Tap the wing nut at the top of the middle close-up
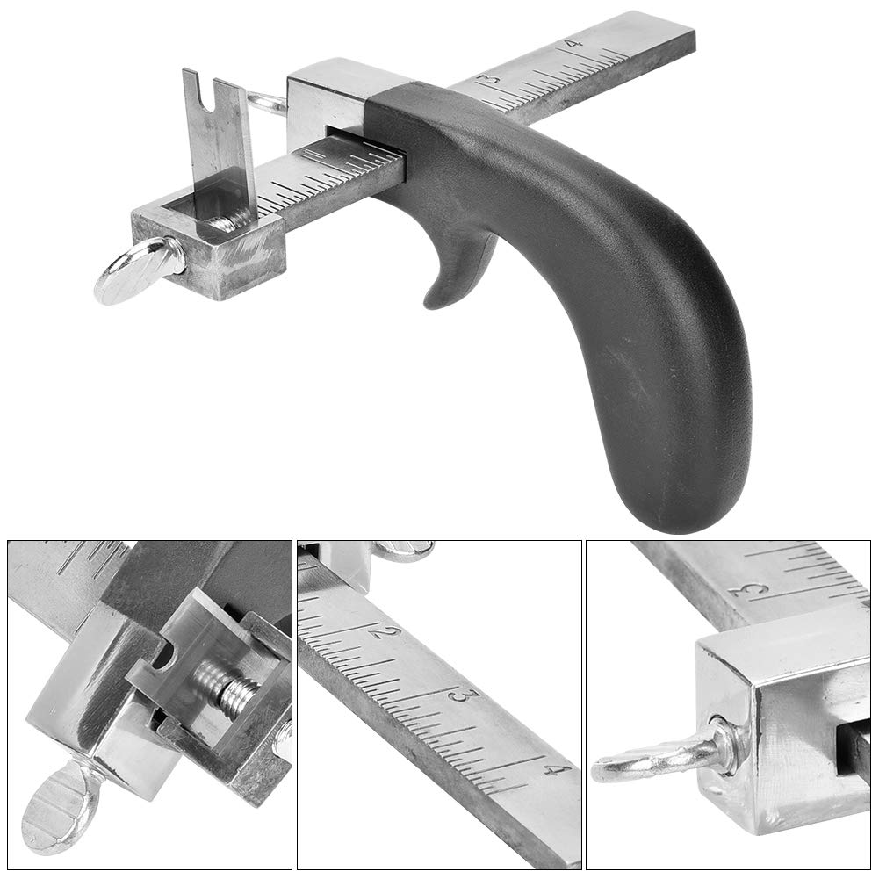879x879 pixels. pyautogui.click(x=405, y=551)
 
